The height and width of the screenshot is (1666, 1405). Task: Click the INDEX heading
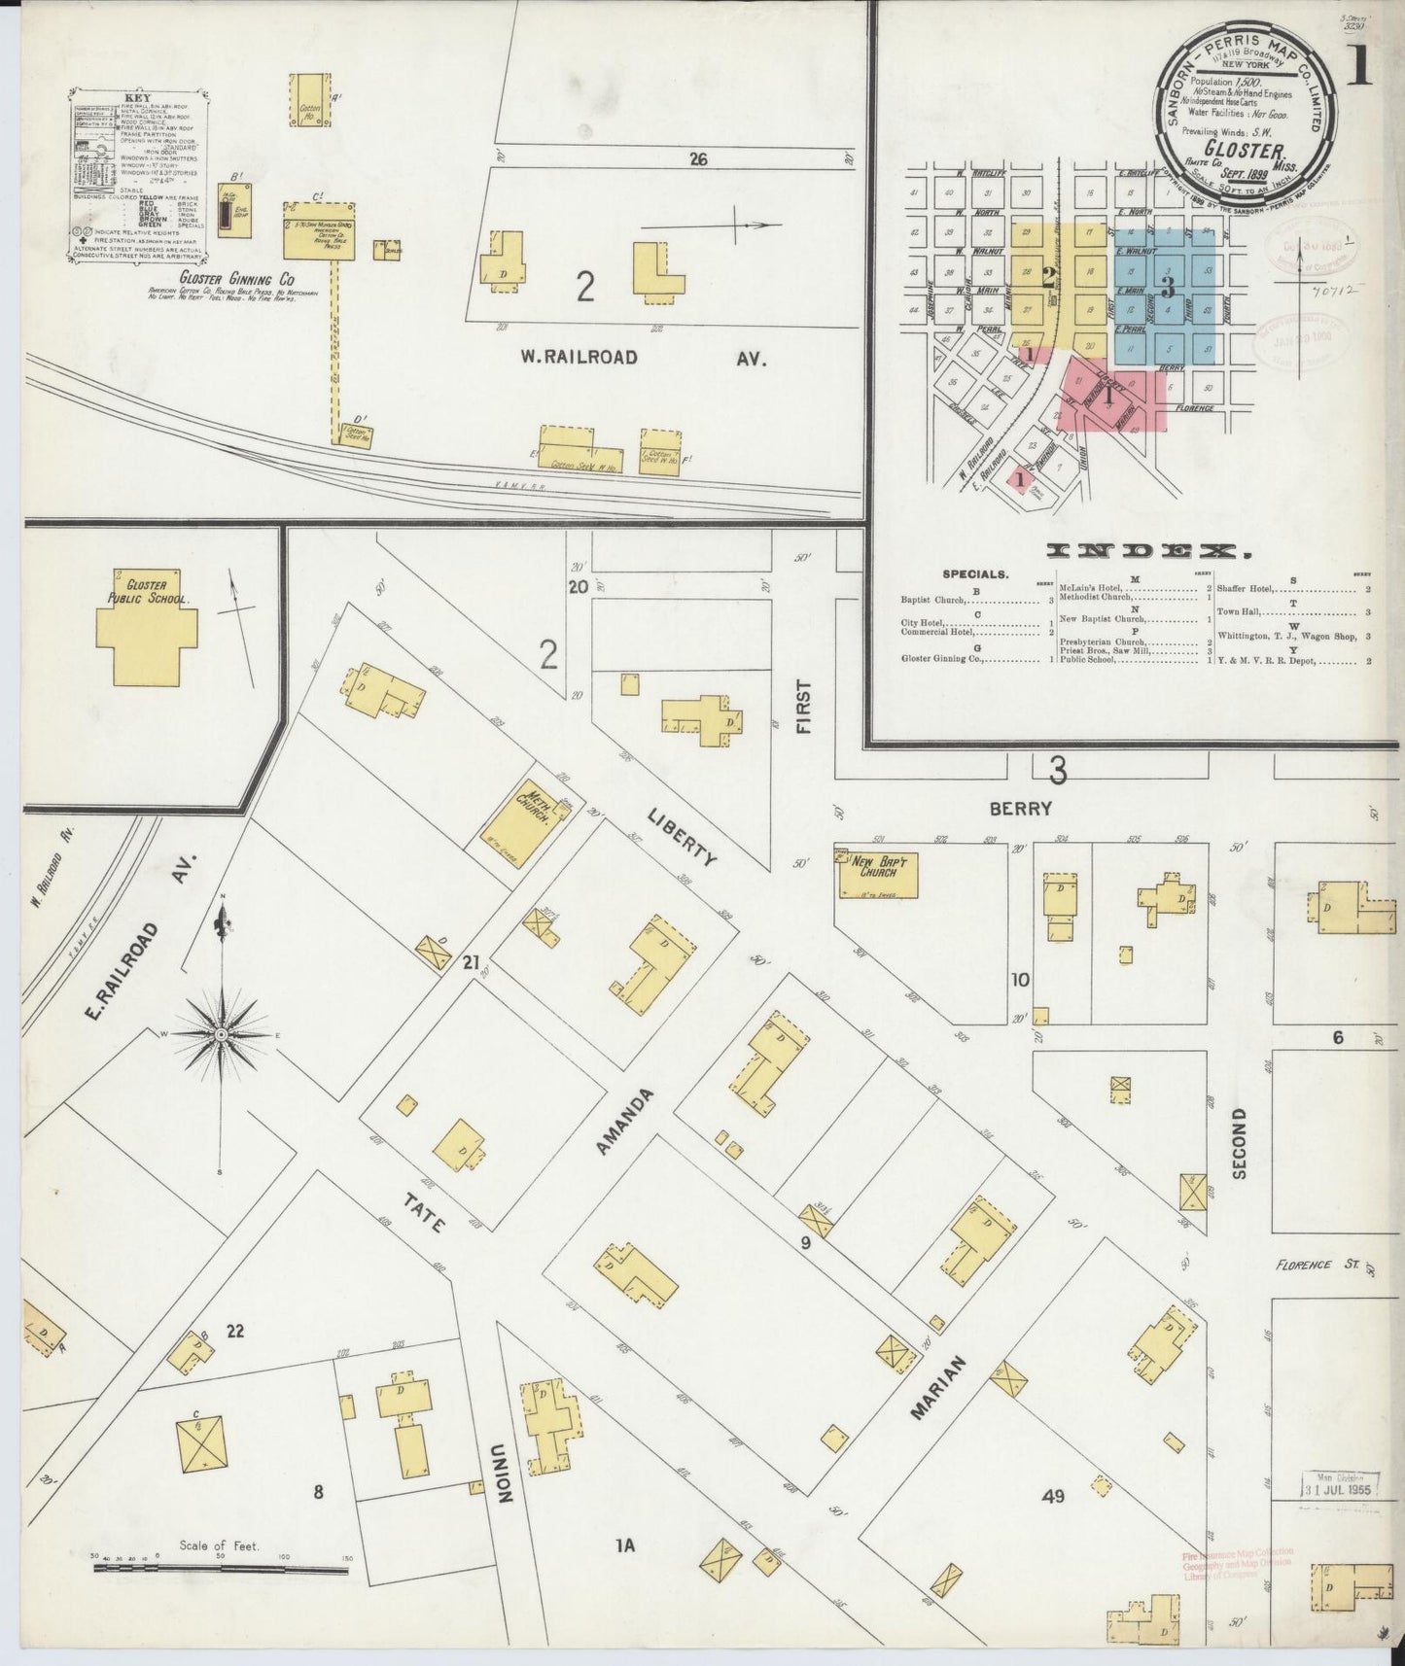(x=1148, y=552)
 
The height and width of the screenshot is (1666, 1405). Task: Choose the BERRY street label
(x=1021, y=808)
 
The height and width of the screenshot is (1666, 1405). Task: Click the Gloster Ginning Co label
(x=223, y=278)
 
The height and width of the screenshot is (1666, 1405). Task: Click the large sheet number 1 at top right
(x=1358, y=65)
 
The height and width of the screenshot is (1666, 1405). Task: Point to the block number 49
(x=1053, y=1496)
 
